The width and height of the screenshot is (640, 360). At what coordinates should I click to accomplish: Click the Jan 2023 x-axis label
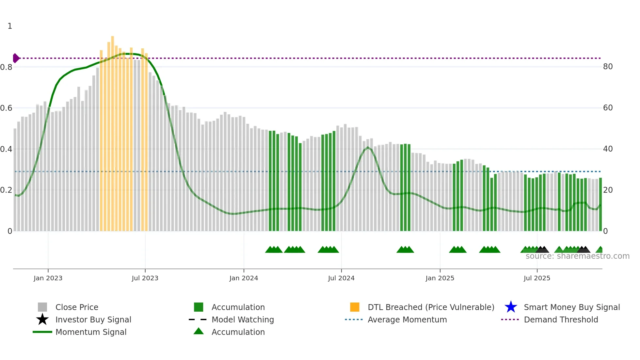pyautogui.click(x=48, y=278)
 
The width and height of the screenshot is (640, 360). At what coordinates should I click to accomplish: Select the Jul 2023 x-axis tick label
pyautogui.click(x=145, y=278)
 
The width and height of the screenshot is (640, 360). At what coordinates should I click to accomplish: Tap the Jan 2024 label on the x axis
pyautogui.click(x=244, y=278)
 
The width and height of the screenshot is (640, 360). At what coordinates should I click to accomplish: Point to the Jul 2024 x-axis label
pyautogui.click(x=341, y=278)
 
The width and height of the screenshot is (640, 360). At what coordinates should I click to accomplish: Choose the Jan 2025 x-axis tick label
pyautogui.click(x=440, y=278)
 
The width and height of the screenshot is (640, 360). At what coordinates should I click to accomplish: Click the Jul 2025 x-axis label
pyautogui.click(x=537, y=278)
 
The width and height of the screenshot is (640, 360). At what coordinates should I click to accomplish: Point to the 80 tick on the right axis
pyautogui.click(x=608, y=67)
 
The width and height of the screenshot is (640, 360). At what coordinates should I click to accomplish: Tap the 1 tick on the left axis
pyautogui.click(x=10, y=26)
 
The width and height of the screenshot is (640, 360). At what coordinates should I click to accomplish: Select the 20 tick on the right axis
pyautogui.click(x=608, y=190)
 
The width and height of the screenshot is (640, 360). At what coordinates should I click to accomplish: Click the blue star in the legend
pyautogui.click(x=511, y=307)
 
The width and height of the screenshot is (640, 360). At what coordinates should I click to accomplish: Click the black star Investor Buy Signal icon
pyautogui.click(x=42, y=319)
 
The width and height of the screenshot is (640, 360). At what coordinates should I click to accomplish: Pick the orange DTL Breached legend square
pyautogui.click(x=355, y=307)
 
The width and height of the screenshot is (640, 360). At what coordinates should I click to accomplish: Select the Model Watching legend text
pyautogui.click(x=243, y=319)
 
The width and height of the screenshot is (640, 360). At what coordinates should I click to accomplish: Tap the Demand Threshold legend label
pyautogui.click(x=561, y=319)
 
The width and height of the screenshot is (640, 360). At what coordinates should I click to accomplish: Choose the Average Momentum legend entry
pyautogui.click(x=407, y=319)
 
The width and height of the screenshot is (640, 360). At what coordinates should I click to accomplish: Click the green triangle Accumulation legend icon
pyautogui.click(x=199, y=331)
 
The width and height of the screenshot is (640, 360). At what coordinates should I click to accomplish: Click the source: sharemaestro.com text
pyautogui.click(x=577, y=256)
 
